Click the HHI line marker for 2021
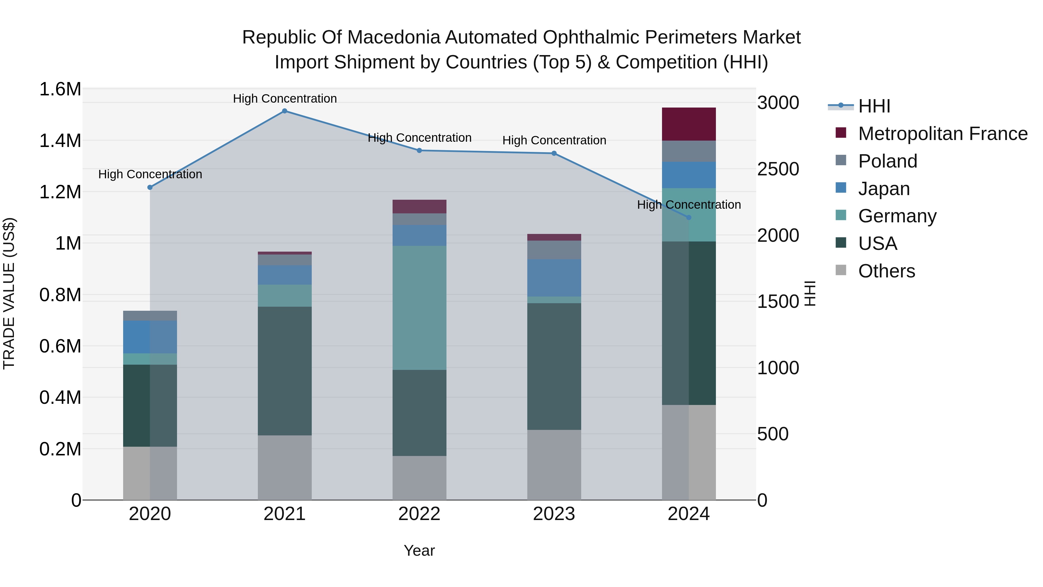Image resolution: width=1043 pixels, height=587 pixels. pos(285,111)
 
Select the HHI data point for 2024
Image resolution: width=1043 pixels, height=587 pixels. pos(689,217)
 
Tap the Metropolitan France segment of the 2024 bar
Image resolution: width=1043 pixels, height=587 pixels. pos(689,124)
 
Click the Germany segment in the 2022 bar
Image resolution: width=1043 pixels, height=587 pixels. pos(420,308)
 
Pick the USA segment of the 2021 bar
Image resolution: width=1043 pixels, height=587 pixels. pos(285,371)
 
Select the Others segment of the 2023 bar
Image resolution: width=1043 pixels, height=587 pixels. pos(554,465)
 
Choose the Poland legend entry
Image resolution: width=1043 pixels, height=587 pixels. pos(887,161)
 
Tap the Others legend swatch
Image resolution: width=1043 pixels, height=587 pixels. pos(841,270)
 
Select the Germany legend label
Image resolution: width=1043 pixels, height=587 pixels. pos(897,216)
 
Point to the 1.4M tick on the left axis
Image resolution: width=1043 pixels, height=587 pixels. pos(60,141)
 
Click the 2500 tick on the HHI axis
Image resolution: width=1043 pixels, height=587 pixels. pos(778,169)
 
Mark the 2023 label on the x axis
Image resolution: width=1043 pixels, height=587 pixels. pos(554,514)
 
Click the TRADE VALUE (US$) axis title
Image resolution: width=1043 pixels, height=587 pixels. pos(9,293)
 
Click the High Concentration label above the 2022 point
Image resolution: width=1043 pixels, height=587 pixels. pos(420,138)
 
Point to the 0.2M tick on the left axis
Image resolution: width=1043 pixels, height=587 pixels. pos(60,449)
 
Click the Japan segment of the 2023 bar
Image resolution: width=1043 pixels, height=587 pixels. pos(554,278)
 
